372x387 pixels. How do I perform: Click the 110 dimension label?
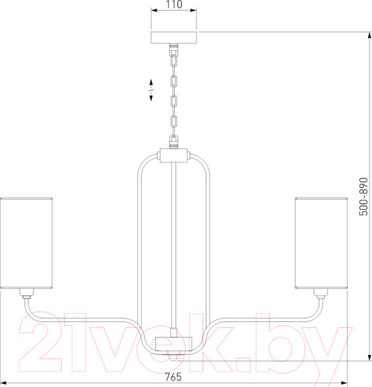(174, 5)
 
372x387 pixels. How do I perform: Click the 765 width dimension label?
(173, 377)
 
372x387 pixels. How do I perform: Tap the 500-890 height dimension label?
(363, 197)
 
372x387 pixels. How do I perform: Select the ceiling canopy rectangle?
(173, 37)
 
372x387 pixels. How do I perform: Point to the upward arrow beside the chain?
(151, 83)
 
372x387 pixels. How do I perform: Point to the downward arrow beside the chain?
(151, 97)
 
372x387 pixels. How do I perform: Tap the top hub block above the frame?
(173, 155)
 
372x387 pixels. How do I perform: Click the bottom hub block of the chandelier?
(173, 343)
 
